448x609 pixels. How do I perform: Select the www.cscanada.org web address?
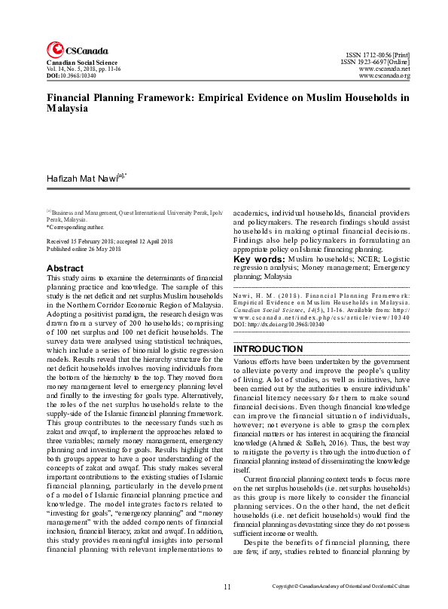384,76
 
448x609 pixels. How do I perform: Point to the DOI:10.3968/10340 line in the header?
72,76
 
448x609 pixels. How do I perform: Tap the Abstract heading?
65,268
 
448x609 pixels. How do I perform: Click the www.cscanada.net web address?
384,69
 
